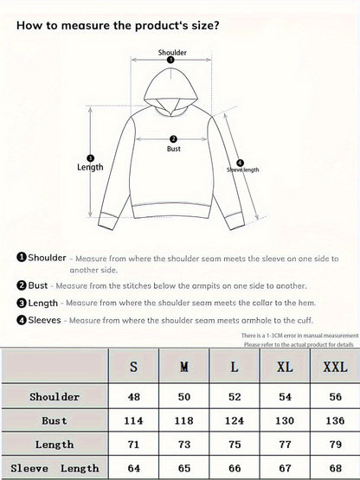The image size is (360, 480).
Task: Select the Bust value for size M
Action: tap(183, 419)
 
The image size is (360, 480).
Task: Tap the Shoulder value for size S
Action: tap(133, 396)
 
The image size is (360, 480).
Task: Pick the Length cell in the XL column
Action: tap(284, 444)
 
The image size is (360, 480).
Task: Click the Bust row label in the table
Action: tap(54, 419)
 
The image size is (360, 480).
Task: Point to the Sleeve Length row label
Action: tap(54, 468)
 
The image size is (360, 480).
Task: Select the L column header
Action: tap(235, 367)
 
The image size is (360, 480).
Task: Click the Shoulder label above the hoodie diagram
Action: tap(172, 53)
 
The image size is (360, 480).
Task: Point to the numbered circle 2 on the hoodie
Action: tap(173, 138)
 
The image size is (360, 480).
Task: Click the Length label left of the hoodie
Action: tap(90, 167)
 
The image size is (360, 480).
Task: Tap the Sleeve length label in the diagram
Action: tap(243, 170)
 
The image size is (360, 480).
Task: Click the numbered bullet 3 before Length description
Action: tap(21, 303)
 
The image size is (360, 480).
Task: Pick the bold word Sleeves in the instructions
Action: tap(46, 320)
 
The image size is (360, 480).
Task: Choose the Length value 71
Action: tap(133, 444)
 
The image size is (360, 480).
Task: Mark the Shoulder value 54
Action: tap(284, 396)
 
